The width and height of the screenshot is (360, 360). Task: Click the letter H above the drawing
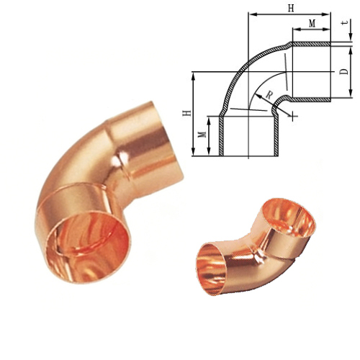click(291, 9)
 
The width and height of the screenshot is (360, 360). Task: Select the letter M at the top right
click(312, 24)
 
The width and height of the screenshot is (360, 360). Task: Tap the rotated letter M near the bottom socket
click(203, 134)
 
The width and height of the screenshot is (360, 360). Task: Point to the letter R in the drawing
click(269, 96)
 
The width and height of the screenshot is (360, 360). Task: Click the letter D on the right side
click(344, 71)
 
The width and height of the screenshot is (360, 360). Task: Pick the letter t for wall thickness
click(346, 22)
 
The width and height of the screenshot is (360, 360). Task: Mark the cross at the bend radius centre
click(292, 116)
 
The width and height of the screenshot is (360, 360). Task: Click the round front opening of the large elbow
click(89, 248)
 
